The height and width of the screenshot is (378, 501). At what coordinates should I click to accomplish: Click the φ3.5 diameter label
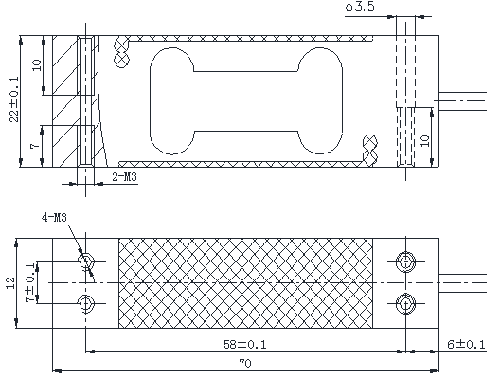point(359,7)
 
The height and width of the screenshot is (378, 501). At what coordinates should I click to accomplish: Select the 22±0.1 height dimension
point(14,99)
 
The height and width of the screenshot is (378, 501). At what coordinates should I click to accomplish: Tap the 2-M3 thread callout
point(125,176)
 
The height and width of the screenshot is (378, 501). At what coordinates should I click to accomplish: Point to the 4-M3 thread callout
point(54,218)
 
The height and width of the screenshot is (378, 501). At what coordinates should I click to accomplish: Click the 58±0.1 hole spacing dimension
point(244,345)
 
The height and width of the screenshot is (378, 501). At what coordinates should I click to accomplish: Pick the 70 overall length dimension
point(245,363)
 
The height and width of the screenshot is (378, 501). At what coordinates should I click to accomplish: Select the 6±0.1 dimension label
point(466,345)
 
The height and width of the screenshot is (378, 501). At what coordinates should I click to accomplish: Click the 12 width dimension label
point(10,282)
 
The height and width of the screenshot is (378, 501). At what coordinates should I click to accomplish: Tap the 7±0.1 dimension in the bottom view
point(30,282)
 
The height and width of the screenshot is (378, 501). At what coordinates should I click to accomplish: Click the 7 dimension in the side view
point(35,146)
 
